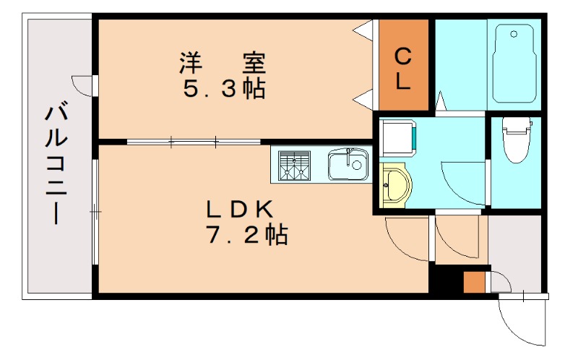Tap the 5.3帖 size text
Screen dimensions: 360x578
tap(223, 90)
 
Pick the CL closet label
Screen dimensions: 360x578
tap(403, 67)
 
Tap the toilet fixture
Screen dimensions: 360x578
tap(515, 142)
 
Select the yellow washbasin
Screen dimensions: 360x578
tap(394, 186)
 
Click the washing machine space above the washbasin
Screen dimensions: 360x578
tap(396, 138)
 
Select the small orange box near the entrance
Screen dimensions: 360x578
tap(473, 280)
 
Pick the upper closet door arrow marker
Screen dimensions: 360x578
tap(363, 30)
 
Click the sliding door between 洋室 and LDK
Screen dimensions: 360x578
tap(194, 142)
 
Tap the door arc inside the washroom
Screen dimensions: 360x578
tap(462, 181)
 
